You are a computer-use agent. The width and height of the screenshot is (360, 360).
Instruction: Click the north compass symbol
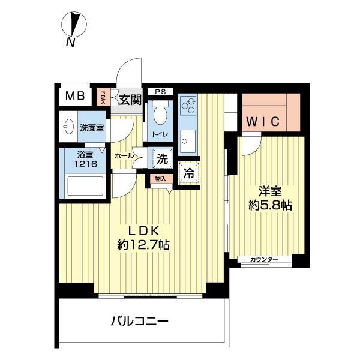(74, 25)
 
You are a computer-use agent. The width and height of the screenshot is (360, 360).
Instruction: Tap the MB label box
(75, 97)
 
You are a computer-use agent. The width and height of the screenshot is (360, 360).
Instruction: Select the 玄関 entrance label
(129, 100)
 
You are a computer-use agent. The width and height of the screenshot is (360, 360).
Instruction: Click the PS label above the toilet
(160, 92)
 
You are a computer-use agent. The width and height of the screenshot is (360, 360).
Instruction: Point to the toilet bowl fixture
(160, 113)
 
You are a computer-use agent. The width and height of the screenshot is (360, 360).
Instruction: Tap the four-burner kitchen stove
(188, 106)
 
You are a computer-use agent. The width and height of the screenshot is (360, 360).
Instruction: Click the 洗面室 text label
(92, 128)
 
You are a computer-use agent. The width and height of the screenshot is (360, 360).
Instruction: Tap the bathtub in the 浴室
(83, 185)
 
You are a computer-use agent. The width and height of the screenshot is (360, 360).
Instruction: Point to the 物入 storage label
(161, 178)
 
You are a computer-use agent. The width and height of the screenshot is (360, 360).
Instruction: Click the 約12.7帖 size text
(143, 245)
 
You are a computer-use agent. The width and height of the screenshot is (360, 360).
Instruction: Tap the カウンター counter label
(265, 259)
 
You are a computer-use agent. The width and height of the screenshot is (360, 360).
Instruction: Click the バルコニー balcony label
(139, 321)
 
